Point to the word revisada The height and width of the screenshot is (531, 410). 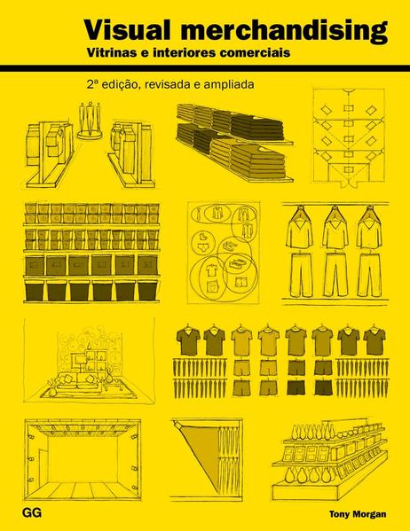[x=167, y=84]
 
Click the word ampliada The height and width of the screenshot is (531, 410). [x=229, y=84]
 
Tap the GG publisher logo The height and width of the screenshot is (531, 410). [x=32, y=512]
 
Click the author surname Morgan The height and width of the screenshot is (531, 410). [x=370, y=514]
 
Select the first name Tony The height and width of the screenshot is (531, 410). [x=340, y=514]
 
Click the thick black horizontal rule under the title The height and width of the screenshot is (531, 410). [x=205, y=68]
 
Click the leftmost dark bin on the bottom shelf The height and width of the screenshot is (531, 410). [x=35, y=291]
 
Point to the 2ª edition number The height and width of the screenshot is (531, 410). [x=91, y=84]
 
